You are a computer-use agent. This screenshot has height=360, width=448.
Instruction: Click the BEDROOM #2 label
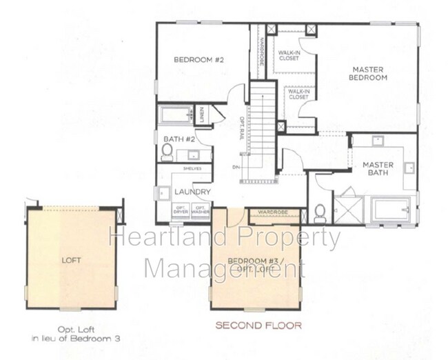click(199, 60)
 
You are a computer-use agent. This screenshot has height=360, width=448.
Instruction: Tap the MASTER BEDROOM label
click(368, 73)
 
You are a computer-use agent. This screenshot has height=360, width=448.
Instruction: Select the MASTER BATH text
click(378, 169)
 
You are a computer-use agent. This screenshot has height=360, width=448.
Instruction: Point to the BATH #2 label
click(179, 139)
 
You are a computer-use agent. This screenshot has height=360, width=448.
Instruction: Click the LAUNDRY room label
click(192, 192)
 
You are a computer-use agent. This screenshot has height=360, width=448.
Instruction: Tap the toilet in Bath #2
click(167, 151)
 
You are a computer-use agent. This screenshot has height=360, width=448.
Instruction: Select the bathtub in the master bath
click(391, 210)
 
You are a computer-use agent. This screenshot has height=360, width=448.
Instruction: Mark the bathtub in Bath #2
click(176, 114)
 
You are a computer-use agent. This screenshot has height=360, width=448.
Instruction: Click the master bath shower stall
click(348, 210)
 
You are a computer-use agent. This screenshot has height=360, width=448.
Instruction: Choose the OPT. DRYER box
click(181, 210)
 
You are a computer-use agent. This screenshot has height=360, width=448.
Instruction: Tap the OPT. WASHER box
click(201, 210)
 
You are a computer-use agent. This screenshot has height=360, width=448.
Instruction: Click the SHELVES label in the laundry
click(192, 168)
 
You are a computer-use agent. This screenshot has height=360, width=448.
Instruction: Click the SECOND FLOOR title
click(258, 325)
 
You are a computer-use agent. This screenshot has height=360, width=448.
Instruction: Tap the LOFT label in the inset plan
click(71, 261)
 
